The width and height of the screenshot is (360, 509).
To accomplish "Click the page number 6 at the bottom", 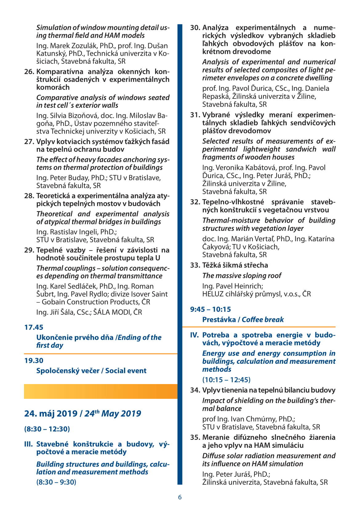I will [x=180, y=497].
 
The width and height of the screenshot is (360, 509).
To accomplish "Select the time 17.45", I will [x=34, y=327].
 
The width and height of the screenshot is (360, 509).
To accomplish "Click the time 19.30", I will [x=34, y=360].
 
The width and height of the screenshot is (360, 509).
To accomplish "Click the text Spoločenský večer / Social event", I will [x=91, y=371].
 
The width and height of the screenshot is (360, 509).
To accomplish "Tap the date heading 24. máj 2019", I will [x=51, y=414].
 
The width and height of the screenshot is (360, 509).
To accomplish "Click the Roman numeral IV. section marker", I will [x=194, y=335].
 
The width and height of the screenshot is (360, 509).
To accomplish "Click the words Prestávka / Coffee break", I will [x=243, y=320].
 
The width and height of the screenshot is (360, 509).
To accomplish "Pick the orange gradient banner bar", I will [x=101, y=391].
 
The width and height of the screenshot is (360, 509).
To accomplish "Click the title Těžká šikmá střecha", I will [x=235, y=265].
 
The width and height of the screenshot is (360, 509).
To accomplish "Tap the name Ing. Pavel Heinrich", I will [x=232, y=286].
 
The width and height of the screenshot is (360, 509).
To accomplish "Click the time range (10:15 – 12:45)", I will [x=226, y=380].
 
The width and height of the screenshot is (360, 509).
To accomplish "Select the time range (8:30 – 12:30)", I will [x=47, y=429].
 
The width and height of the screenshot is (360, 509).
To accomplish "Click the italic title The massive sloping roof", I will [x=242, y=276].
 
